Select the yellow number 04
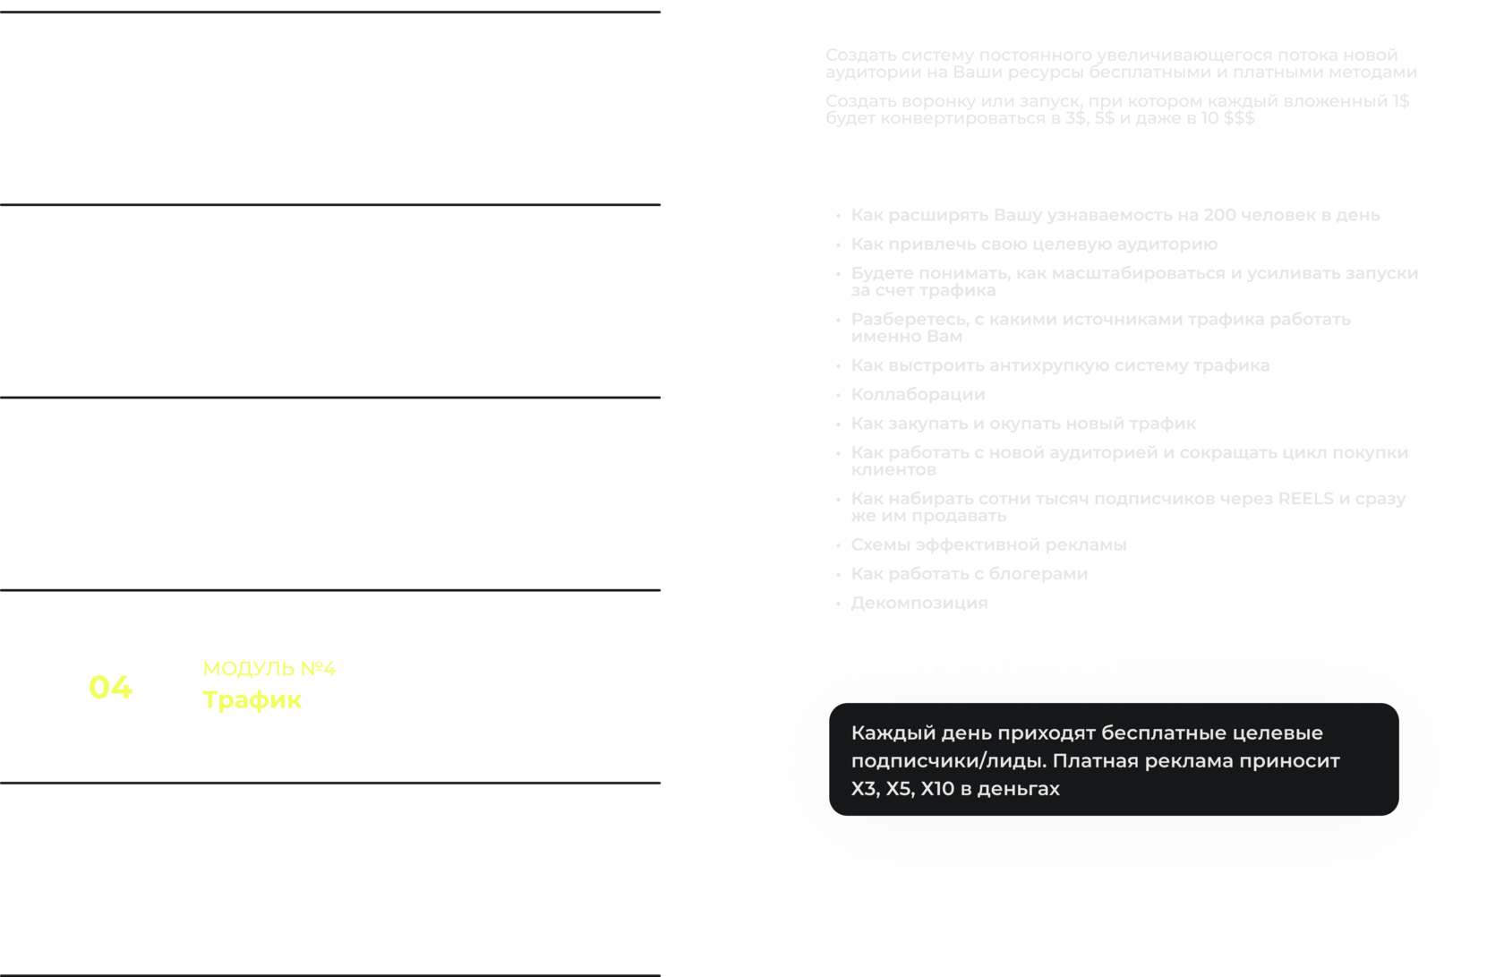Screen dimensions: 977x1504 click(x=110, y=687)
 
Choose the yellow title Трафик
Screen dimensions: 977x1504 click(x=252, y=699)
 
